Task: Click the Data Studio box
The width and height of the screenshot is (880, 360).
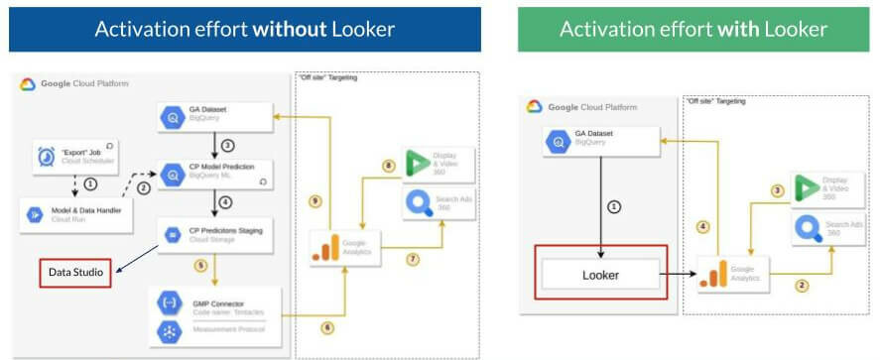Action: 75,273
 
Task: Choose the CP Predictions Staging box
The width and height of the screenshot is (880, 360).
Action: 215,235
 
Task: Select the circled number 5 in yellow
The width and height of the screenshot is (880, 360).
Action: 199,265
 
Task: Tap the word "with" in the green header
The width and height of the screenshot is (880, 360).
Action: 725,29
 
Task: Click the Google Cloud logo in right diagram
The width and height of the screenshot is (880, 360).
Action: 535,107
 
